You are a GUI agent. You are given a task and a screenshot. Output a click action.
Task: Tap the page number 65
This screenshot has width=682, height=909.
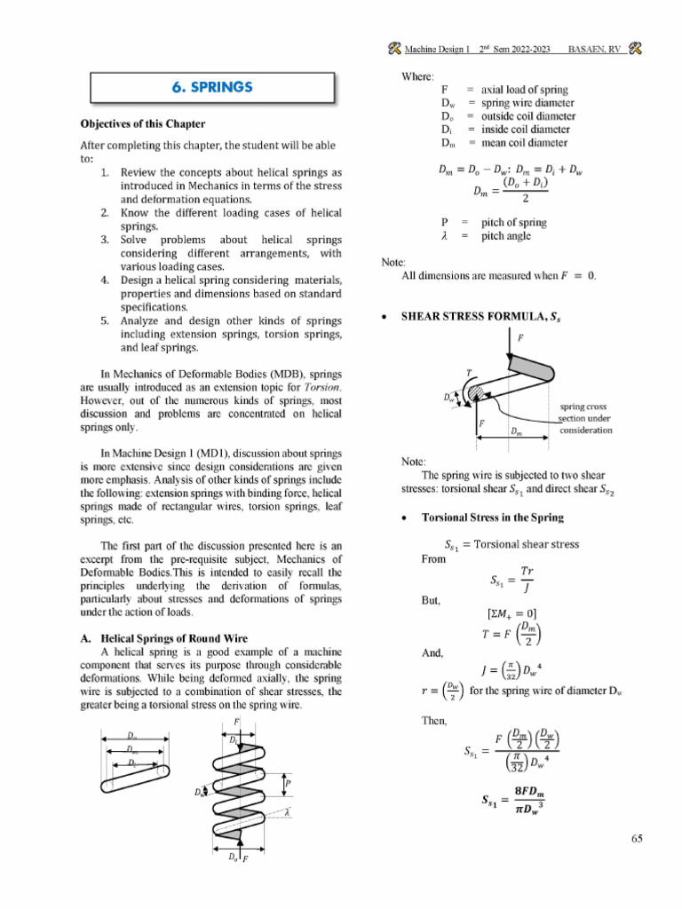pyautogui.click(x=636, y=842)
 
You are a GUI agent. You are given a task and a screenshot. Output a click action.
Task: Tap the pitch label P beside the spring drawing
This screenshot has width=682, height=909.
pyautogui.click(x=289, y=784)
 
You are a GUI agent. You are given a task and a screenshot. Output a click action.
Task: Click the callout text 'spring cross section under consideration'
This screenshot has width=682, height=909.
pyautogui.click(x=584, y=418)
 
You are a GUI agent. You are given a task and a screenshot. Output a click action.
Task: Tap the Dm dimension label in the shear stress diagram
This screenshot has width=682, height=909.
pyautogui.click(x=516, y=431)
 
